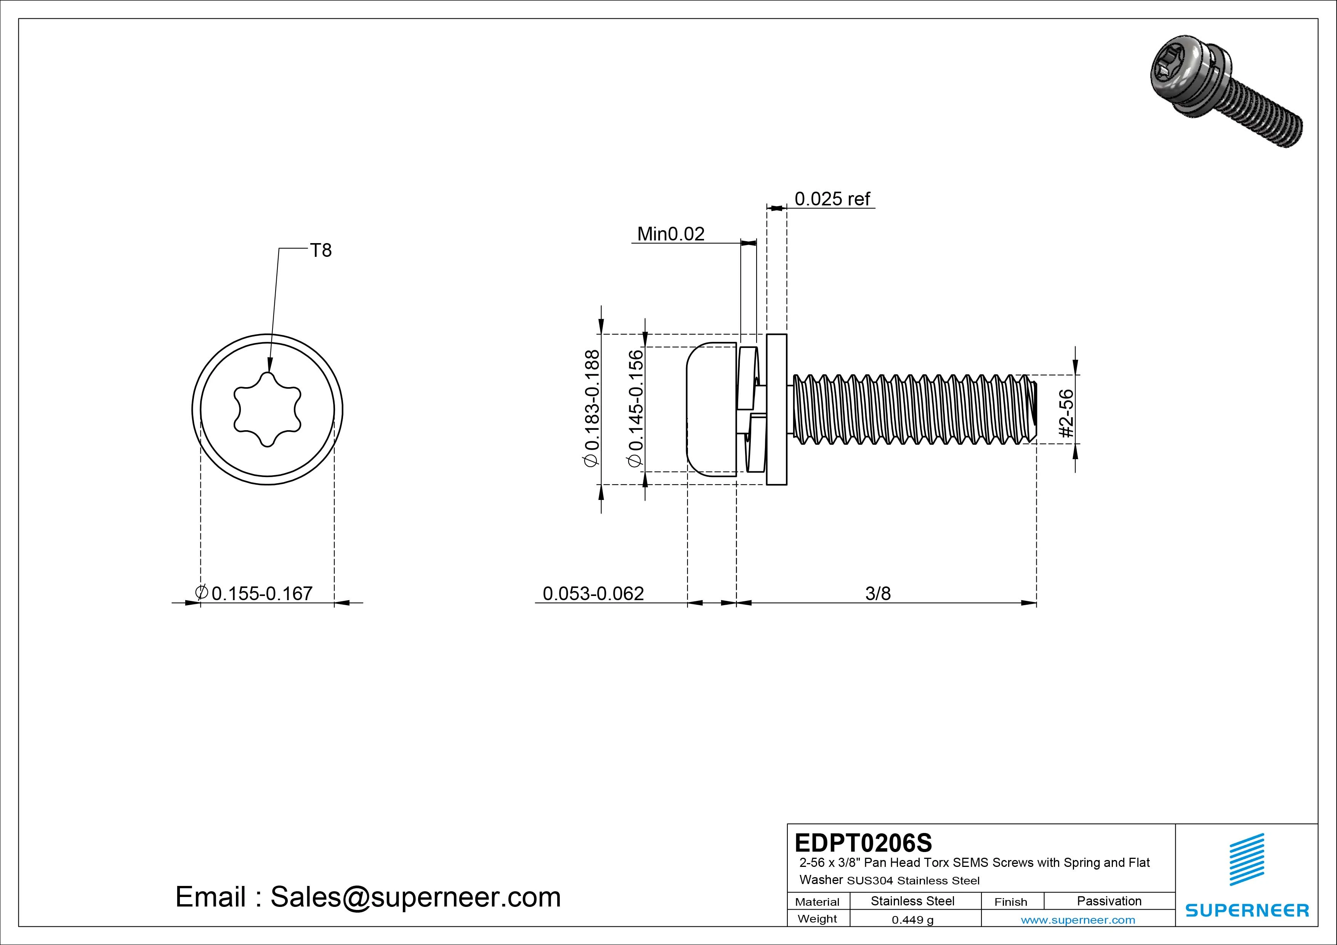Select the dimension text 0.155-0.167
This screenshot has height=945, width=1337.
coord(261,593)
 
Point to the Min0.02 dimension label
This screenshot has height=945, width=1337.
coord(670,234)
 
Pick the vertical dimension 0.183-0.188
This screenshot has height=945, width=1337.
coord(591,408)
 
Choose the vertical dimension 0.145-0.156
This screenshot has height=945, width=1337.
coord(635,408)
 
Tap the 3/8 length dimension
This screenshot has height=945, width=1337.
coord(878,593)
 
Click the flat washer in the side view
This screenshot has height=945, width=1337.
coord(776,409)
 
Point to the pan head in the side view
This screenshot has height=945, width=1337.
coord(710,409)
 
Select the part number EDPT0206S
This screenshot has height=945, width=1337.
coord(863,842)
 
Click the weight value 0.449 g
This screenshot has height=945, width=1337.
coord(912,920)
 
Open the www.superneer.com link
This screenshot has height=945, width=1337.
coord(1078,920)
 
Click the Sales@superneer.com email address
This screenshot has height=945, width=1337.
coord(415,897)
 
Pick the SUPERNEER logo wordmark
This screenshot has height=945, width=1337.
coord(1247,910)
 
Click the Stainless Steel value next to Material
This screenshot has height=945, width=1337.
coord(912,901)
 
